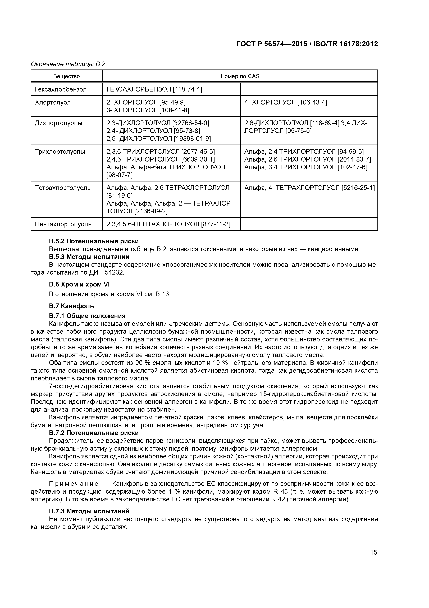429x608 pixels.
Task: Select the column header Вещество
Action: coord(66,76)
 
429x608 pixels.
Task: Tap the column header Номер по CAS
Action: coord(240,76)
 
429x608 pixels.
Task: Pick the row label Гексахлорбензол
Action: coord(61,89)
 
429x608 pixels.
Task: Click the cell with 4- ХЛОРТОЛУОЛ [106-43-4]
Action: coord(285,102)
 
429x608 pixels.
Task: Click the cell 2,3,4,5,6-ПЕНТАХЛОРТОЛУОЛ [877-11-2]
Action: coord(168,224)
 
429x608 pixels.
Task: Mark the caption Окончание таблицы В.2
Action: coord(68,64)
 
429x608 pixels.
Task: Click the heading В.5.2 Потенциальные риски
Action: coord(94,241)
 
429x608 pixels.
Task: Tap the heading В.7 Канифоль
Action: coord(71,306)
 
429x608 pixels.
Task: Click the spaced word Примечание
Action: coord(74,484)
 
